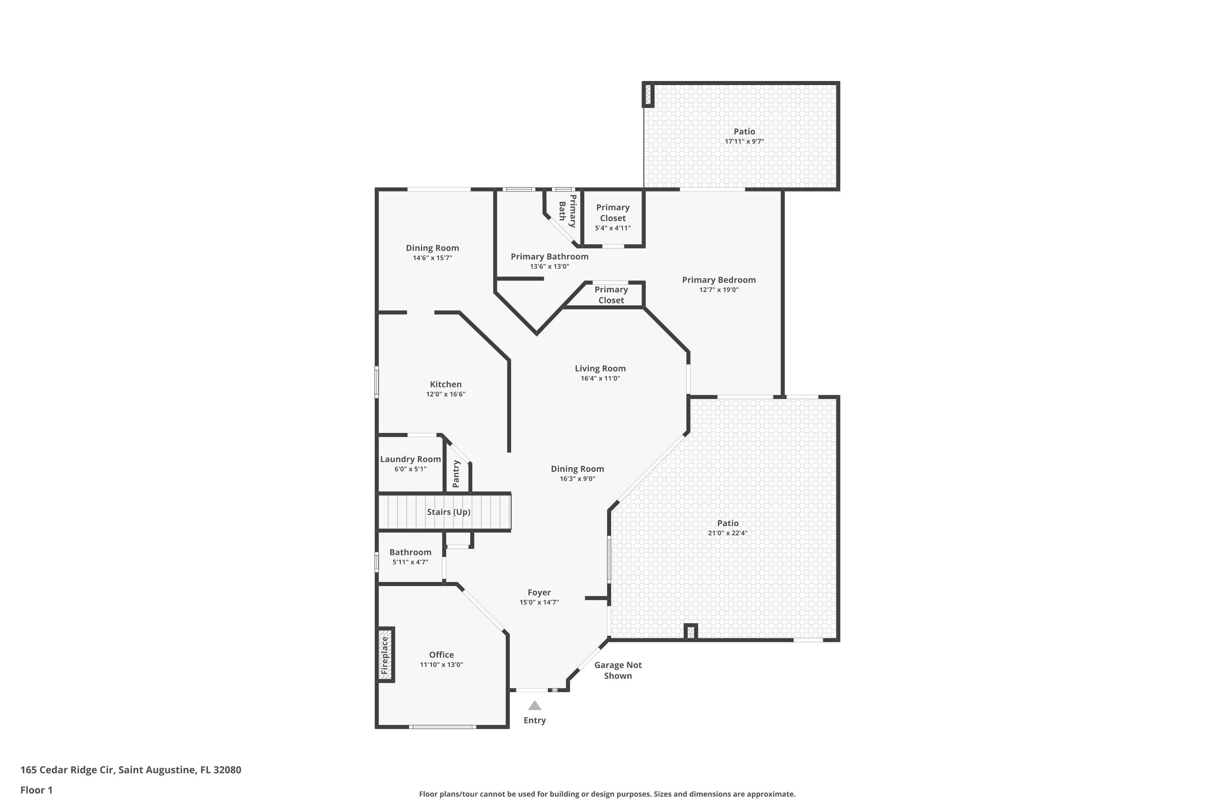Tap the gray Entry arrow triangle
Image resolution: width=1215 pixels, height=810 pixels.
[x=535, y=706]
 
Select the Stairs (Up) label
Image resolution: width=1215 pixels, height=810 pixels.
[x=448, y=512]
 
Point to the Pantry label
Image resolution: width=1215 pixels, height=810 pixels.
[x=456, y=474]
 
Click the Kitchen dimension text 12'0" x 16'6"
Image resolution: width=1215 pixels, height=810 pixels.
[x=446, y=394]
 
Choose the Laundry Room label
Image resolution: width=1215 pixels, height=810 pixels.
[x=411, y=459]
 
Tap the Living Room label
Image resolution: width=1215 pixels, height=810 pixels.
[x=600, y=368]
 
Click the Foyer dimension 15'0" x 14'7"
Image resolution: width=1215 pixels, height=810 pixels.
[x=539, y=602]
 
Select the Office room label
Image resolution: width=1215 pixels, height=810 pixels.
[x=442, y=654]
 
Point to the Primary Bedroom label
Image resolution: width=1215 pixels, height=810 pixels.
[x=719, y=280]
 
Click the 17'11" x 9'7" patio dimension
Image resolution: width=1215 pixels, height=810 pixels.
[x=744, y=141]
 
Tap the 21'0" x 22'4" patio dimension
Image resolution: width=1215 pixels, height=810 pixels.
[x=728, y=533]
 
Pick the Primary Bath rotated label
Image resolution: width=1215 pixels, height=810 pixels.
[x=567, y=211]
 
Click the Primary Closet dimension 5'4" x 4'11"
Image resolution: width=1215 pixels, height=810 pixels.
[x=613, y=228]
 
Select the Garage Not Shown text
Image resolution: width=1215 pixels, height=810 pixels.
[x=618, y=671]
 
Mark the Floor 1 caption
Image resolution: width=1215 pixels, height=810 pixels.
[x=37, y=790]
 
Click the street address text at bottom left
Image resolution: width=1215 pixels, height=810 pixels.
[x=131, y=770]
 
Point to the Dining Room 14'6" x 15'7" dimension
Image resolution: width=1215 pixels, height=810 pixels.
[x=433, y=258]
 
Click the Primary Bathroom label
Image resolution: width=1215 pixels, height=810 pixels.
[x=550, y=257]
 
